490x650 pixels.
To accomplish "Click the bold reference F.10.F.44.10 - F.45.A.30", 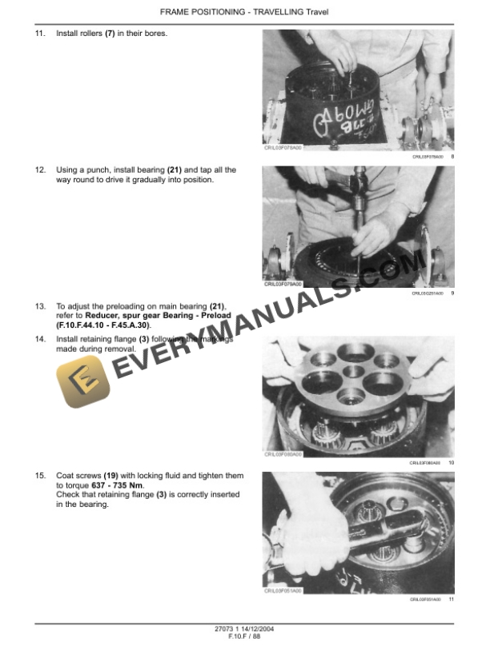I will [x=103, y=325].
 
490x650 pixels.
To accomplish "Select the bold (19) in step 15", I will [x=110, y=476].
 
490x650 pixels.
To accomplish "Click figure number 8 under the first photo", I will [x=452, y=157].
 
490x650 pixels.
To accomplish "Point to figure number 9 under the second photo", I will [x=452, y=293].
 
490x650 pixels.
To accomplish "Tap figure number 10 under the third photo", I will [x=451, y=463].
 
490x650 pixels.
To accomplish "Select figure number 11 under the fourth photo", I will [x=451, y=600].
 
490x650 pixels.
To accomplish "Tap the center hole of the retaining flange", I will [x=353, y=374].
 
